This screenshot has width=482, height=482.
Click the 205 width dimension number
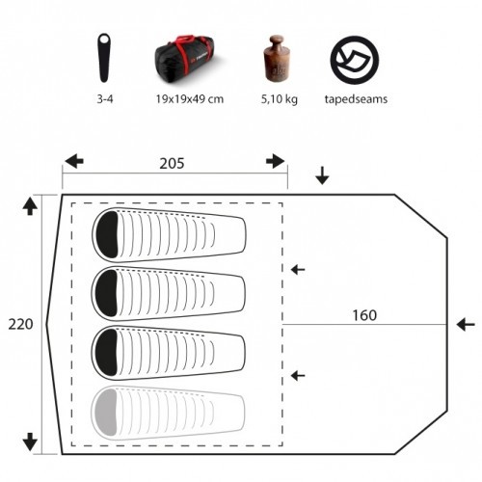pos(172,163)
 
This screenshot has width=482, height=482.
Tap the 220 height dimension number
pos(20,324)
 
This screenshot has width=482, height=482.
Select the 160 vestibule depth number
pos(364,315)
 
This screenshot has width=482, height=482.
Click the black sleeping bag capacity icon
pos(104,58)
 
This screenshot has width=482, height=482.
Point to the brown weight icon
pos(278,58)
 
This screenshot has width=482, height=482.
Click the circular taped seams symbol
pos(355,60)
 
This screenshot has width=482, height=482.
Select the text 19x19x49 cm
pos(190,99)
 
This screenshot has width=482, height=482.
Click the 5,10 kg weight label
pos(279,99)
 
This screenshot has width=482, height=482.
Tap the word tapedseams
pos(356,99)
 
